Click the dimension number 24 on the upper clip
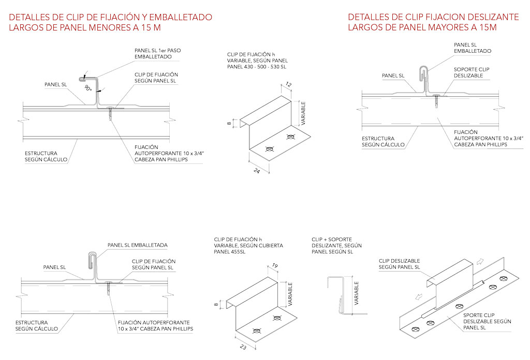point(256,171)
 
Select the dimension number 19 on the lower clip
point(275,266)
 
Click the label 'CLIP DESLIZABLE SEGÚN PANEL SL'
point(400,264)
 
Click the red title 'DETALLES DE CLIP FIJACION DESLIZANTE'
point(433,17)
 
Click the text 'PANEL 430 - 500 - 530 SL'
point(257,67)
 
